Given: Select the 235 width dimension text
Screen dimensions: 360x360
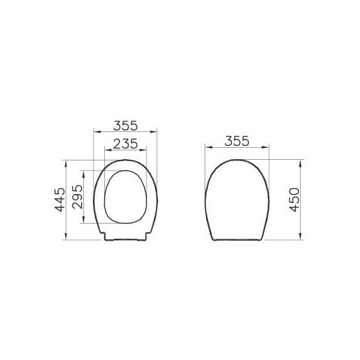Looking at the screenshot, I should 125,144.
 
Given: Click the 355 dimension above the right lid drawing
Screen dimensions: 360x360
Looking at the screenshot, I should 237,141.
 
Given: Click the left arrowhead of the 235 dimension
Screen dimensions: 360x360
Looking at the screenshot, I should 105,150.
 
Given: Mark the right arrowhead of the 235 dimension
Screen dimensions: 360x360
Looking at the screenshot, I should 145,150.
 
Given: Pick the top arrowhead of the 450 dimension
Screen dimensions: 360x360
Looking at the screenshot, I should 301,161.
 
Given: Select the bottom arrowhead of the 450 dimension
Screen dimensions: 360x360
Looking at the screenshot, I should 301,238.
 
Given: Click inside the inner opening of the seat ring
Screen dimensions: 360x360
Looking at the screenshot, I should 125,196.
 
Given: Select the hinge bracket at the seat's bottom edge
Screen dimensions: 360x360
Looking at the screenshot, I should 125,237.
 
